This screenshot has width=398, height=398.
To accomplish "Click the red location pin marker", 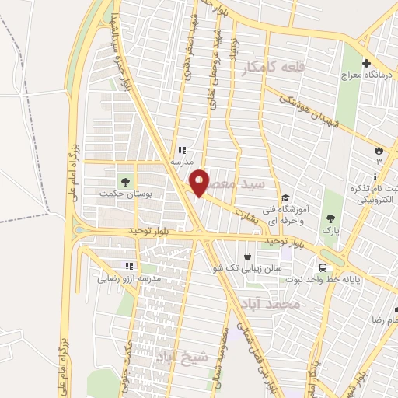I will (x=200, y=183).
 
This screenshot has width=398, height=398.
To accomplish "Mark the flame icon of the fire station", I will (x=379, y=148).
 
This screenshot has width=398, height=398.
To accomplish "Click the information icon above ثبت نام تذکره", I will (x=375, y=177).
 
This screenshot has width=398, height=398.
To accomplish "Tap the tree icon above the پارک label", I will (x=332, y=218).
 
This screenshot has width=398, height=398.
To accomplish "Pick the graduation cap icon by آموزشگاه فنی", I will (x=285, y=197).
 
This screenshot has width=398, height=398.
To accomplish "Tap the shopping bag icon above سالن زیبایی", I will (x=247, y=255).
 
